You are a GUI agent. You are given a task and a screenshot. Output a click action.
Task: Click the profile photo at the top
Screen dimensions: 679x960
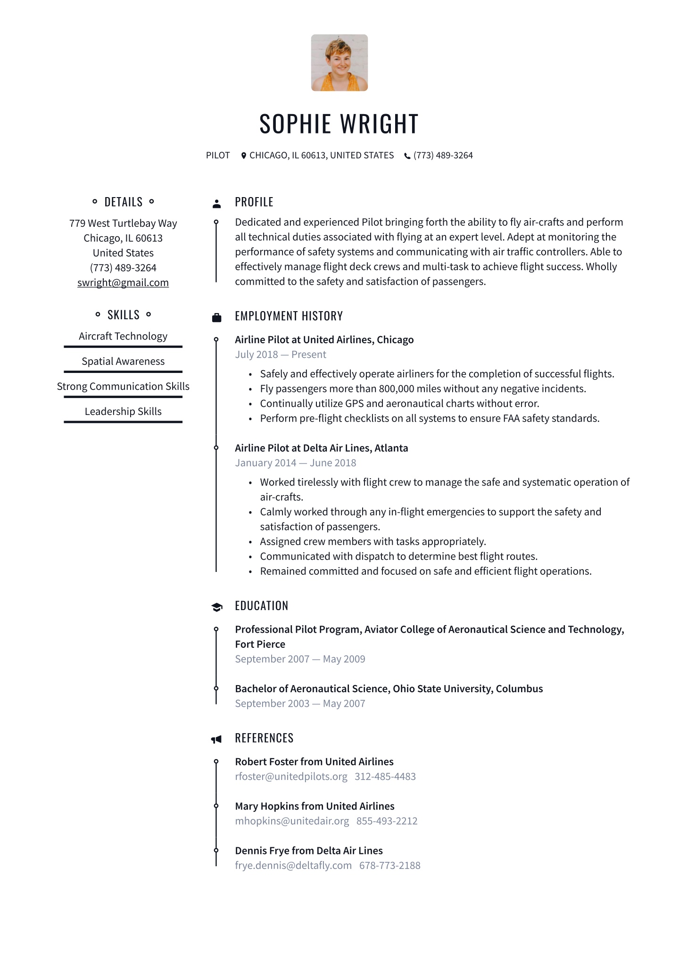[x=339, y=63]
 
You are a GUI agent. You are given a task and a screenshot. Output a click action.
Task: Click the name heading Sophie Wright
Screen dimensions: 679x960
[x=339, y=124]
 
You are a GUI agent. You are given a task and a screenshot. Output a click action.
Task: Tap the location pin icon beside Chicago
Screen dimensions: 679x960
[x=243, y=156]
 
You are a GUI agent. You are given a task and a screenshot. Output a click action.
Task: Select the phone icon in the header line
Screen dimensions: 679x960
[x=407, y=156]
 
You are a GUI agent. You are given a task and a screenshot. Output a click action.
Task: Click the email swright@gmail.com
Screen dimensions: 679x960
[x=123, y=282]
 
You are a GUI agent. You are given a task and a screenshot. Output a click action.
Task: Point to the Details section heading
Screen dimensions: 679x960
[x=123, y=202]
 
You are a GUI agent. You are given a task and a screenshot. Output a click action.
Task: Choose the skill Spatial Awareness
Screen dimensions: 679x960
[x=123, y=361]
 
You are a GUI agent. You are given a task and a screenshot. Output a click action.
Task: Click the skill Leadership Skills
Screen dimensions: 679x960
[x=123, y=411]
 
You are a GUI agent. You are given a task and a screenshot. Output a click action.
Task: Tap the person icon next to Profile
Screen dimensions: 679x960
[x=216, y=204]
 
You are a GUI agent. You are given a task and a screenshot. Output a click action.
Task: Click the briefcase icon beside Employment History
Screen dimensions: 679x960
[x=216, y=317]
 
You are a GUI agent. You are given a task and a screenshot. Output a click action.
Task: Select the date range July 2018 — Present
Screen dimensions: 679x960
[x=281, y=355]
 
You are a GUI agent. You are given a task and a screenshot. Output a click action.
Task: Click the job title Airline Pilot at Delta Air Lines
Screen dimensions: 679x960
[x=321, y=448]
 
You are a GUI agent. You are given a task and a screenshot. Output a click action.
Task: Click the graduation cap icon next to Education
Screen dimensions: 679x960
[x=216, y=607]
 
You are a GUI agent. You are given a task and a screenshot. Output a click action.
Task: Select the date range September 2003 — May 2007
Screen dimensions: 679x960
[x=300, y=703]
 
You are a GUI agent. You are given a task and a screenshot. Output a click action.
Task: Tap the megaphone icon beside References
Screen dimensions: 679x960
[x=216, y=739]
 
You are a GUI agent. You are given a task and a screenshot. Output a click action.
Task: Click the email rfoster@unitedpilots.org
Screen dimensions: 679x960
[x=291, y=777]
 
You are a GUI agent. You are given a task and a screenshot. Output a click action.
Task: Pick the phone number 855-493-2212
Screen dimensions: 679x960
[x=387, y=821]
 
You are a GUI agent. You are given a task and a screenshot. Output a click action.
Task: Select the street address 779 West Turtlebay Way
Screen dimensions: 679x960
[x=123, y=223]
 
